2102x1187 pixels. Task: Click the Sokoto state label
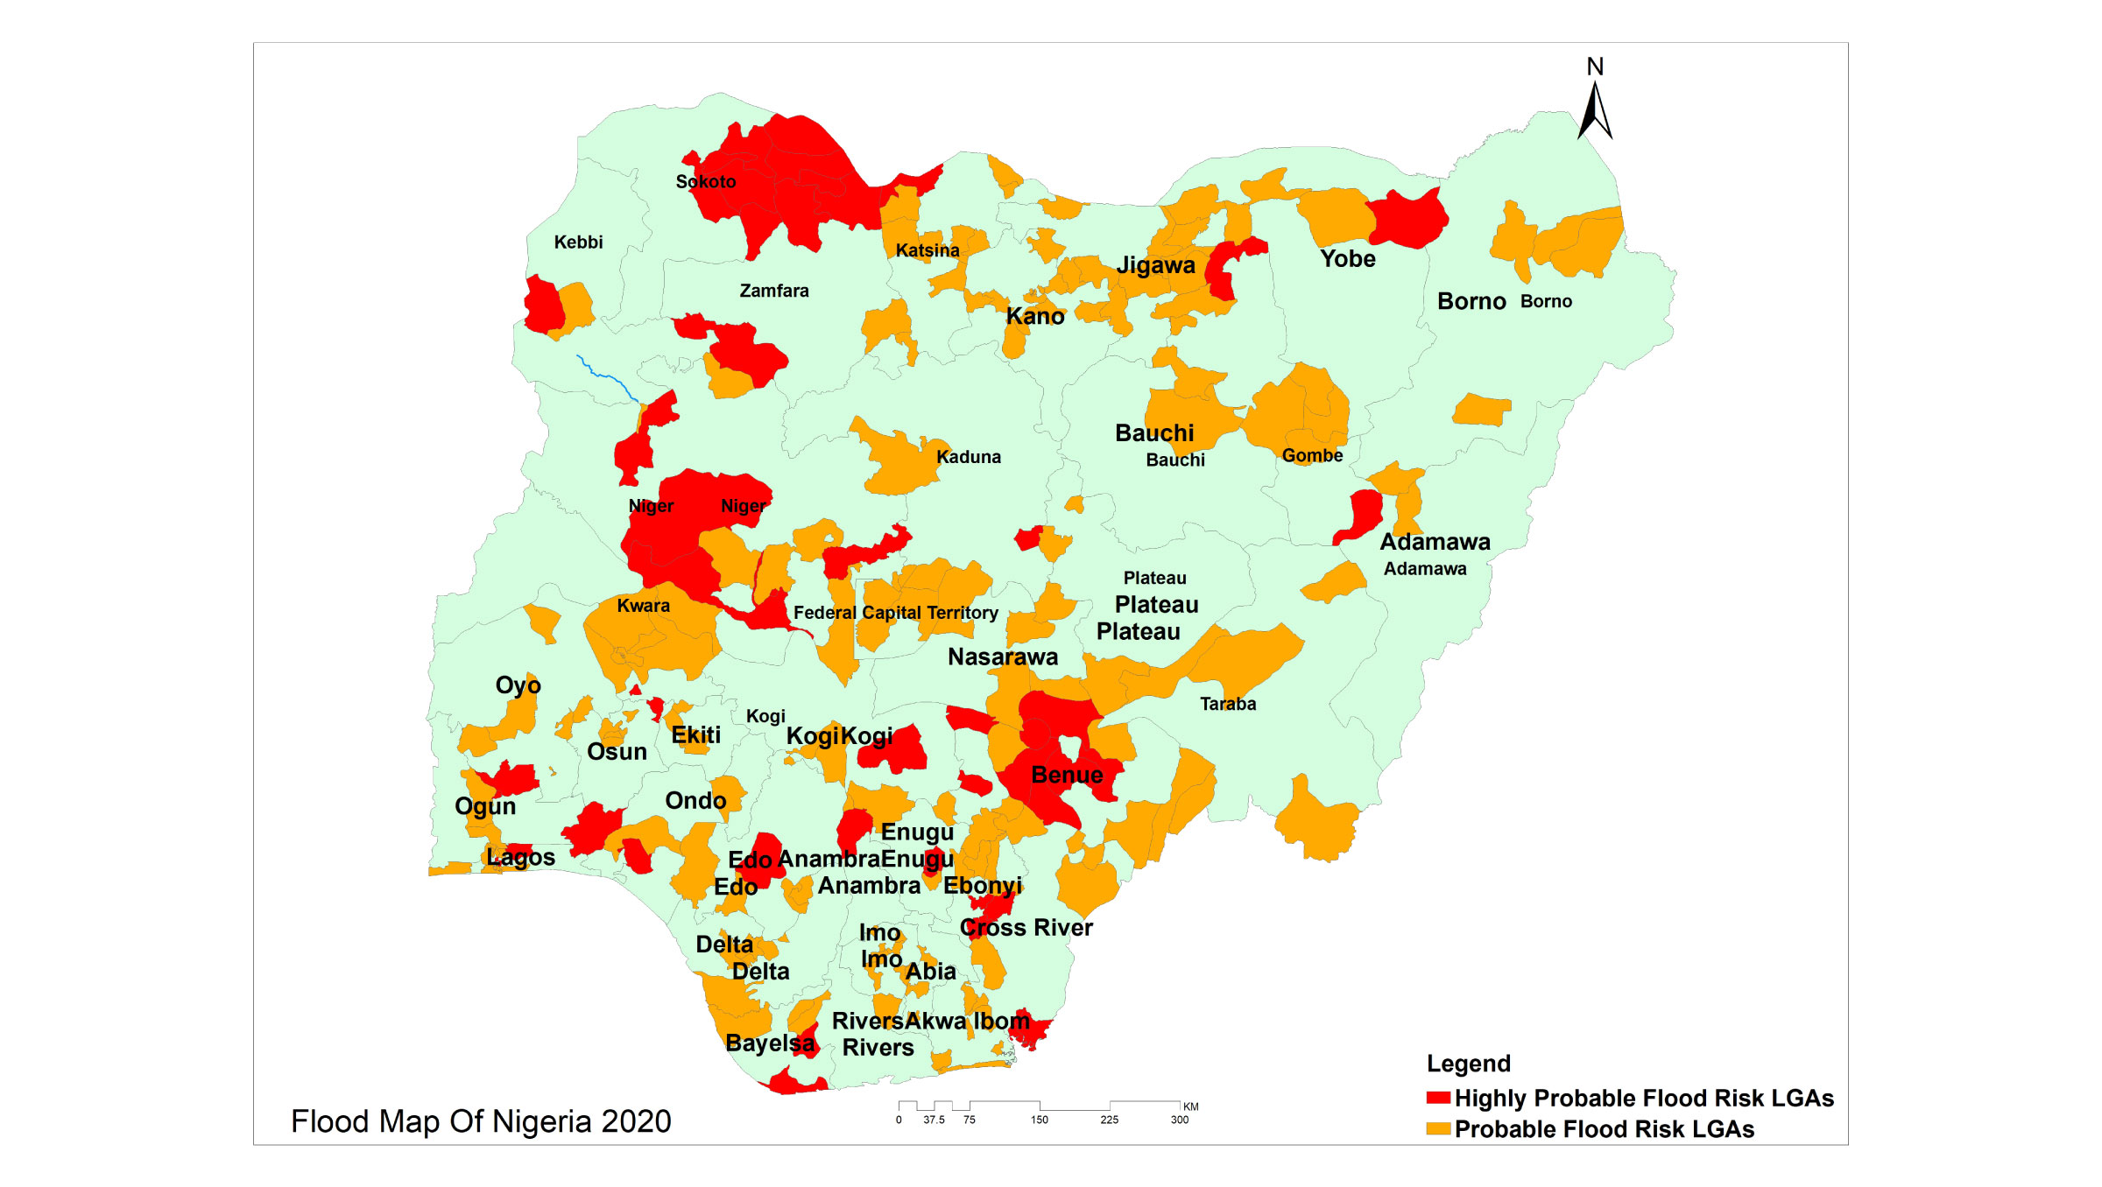coord(705,182)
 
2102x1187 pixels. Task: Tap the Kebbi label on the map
coord(578,242)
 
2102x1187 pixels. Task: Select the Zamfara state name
coord(773,291)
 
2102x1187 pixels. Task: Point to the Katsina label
coord(927,250)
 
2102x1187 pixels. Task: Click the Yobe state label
coord(1347,259)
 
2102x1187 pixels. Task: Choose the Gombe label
coord(1311,455)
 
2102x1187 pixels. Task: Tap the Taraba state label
coord(1227,704)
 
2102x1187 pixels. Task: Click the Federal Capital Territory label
coord(895,613)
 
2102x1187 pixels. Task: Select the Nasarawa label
coord(1002,657)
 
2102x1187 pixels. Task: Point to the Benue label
coord(1067,775)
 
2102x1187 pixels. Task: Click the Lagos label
coord(520,857)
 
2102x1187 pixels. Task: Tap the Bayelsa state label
coord(769,1043)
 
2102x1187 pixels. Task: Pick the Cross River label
coord(1026,927)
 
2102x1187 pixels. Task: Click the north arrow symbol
coord(1595,109)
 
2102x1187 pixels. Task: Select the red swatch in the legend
coord(1437,1098)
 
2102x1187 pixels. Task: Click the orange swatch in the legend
coord(1437,1128)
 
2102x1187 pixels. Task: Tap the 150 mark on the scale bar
coord(1039,1120)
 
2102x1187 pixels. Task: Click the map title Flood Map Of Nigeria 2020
coord(481,1121)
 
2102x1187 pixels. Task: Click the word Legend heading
coord(1468,1064)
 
